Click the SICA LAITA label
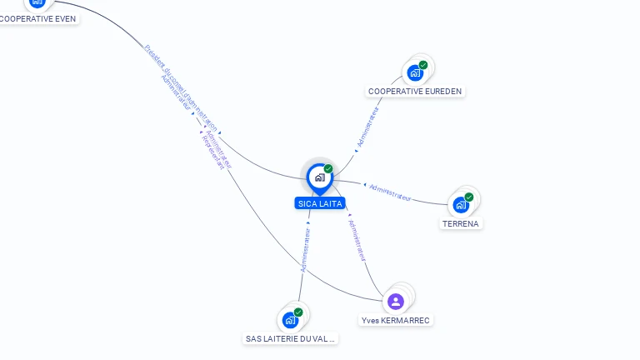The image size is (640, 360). [x=319, y=203]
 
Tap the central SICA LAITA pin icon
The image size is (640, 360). [x=319, y=177]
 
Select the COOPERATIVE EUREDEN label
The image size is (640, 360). [x=415, y=92]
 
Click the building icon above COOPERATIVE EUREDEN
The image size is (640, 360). [x=415, y=72]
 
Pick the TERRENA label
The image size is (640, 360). [x=461, y=223]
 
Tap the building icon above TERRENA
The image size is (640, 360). [x=461, y=204]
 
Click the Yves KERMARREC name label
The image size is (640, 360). [x=396, y=320]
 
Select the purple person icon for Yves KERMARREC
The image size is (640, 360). [x=396, y=301]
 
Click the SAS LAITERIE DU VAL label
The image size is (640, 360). [x=290, y=339]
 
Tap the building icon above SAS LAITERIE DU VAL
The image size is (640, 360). [x=290, y=319]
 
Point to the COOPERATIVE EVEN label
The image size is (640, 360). [x=38, y=18]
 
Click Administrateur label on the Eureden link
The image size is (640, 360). [x=367, y=127]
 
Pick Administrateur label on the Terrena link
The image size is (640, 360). [x=390, y=192]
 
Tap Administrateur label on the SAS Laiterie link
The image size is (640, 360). [x=305, y=251]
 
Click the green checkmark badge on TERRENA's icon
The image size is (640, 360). [x=469, y=197]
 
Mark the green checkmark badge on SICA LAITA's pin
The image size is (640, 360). [x=328, y=169]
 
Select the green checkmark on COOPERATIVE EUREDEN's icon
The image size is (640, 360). [x=423, y=65]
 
